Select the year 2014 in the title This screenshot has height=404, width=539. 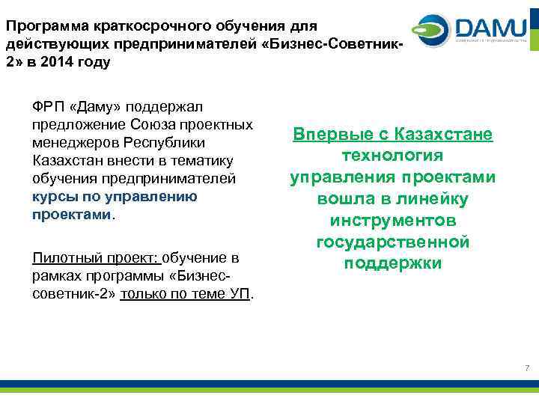(56, 62)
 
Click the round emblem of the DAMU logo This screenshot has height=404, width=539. (434, 30)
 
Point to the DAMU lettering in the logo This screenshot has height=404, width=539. (490, 28)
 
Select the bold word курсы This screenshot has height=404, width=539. (51, 197)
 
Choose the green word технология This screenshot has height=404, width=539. (392, 156)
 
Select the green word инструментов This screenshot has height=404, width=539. (392, 221)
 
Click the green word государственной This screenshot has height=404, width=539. (392, 242)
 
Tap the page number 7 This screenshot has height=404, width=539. (527, 368)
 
